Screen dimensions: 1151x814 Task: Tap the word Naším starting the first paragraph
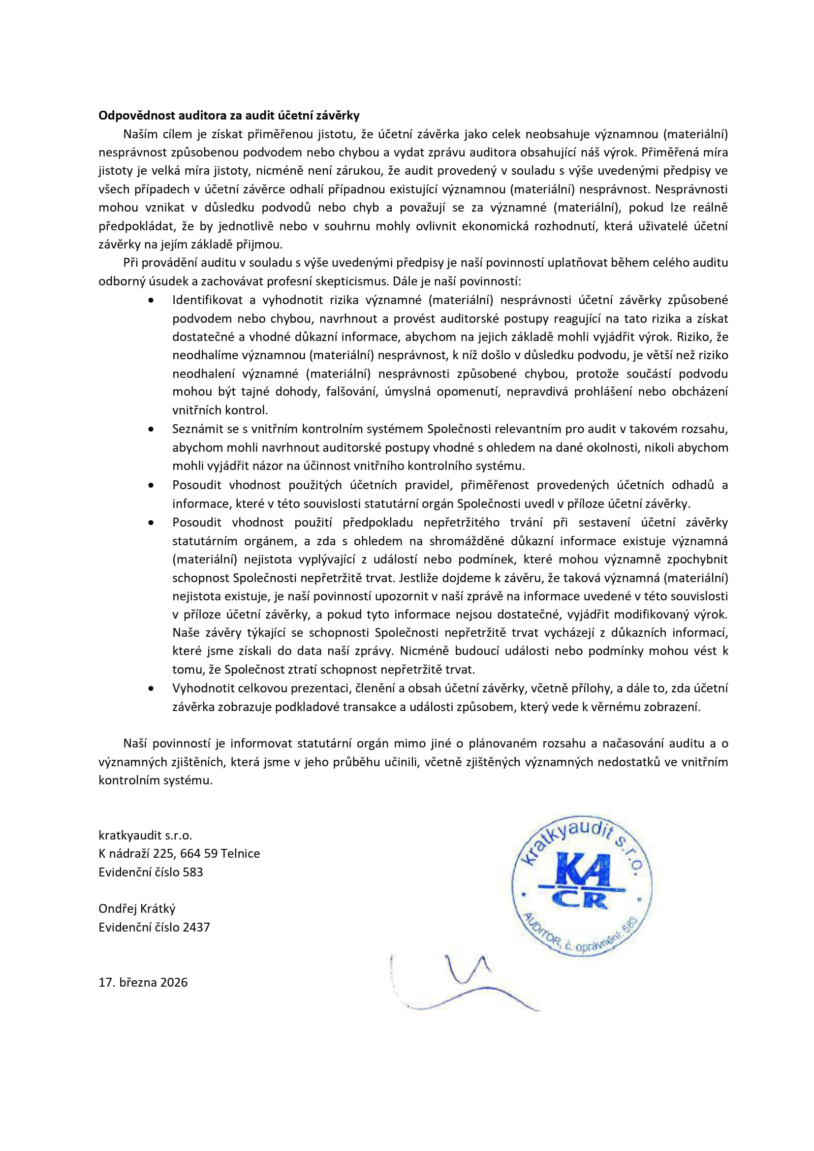tap(140, 134)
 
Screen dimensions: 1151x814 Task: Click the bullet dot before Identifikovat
tap(151, 300)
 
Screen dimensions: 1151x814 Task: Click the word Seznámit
tap(197, 429)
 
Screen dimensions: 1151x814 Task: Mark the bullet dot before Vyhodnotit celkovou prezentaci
tap(151, 689)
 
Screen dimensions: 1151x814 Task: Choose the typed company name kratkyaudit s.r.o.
tap(145, 835)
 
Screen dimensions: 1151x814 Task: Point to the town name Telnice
tap(240, 854)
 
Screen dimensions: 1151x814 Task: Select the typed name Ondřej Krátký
tap(137, 909)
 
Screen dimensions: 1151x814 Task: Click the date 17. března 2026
tap(143, 982)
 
